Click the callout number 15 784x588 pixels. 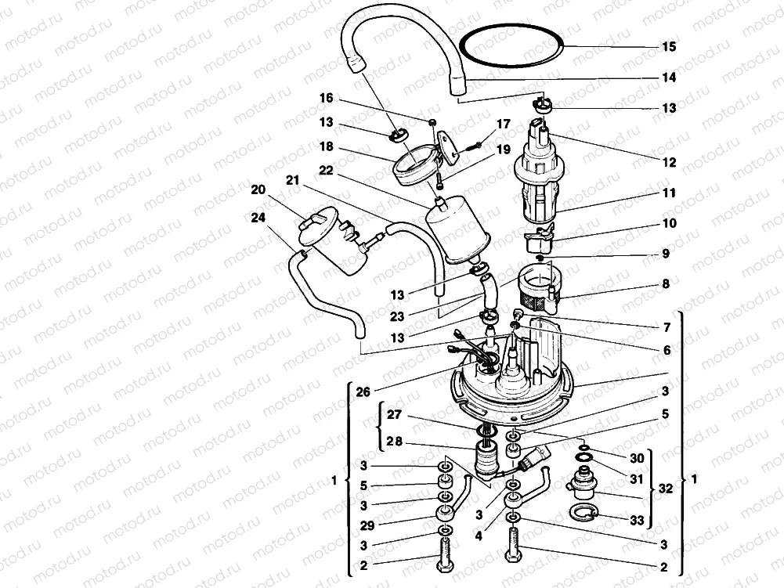coord(668,47)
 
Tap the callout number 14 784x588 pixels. coord(668,78)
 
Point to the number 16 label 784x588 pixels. coord(326,99)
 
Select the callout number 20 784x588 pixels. coord(258,189)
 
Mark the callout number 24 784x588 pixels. coord(258,219)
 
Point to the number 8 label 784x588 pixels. coord(665,285)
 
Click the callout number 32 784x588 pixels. coord(665,488)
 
